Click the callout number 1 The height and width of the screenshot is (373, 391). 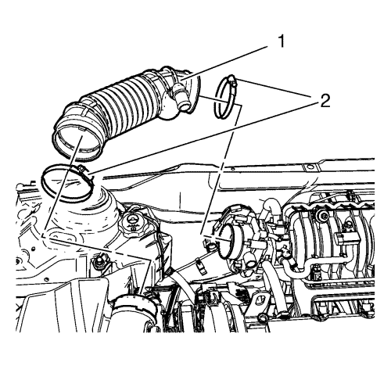(281, 41)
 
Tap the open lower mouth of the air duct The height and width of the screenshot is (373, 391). (77, 142)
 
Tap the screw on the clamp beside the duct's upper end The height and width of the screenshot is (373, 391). (233, 80)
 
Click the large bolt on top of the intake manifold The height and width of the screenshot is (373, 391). (323, 216)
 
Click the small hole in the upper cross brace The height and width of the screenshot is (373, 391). (310, 167)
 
